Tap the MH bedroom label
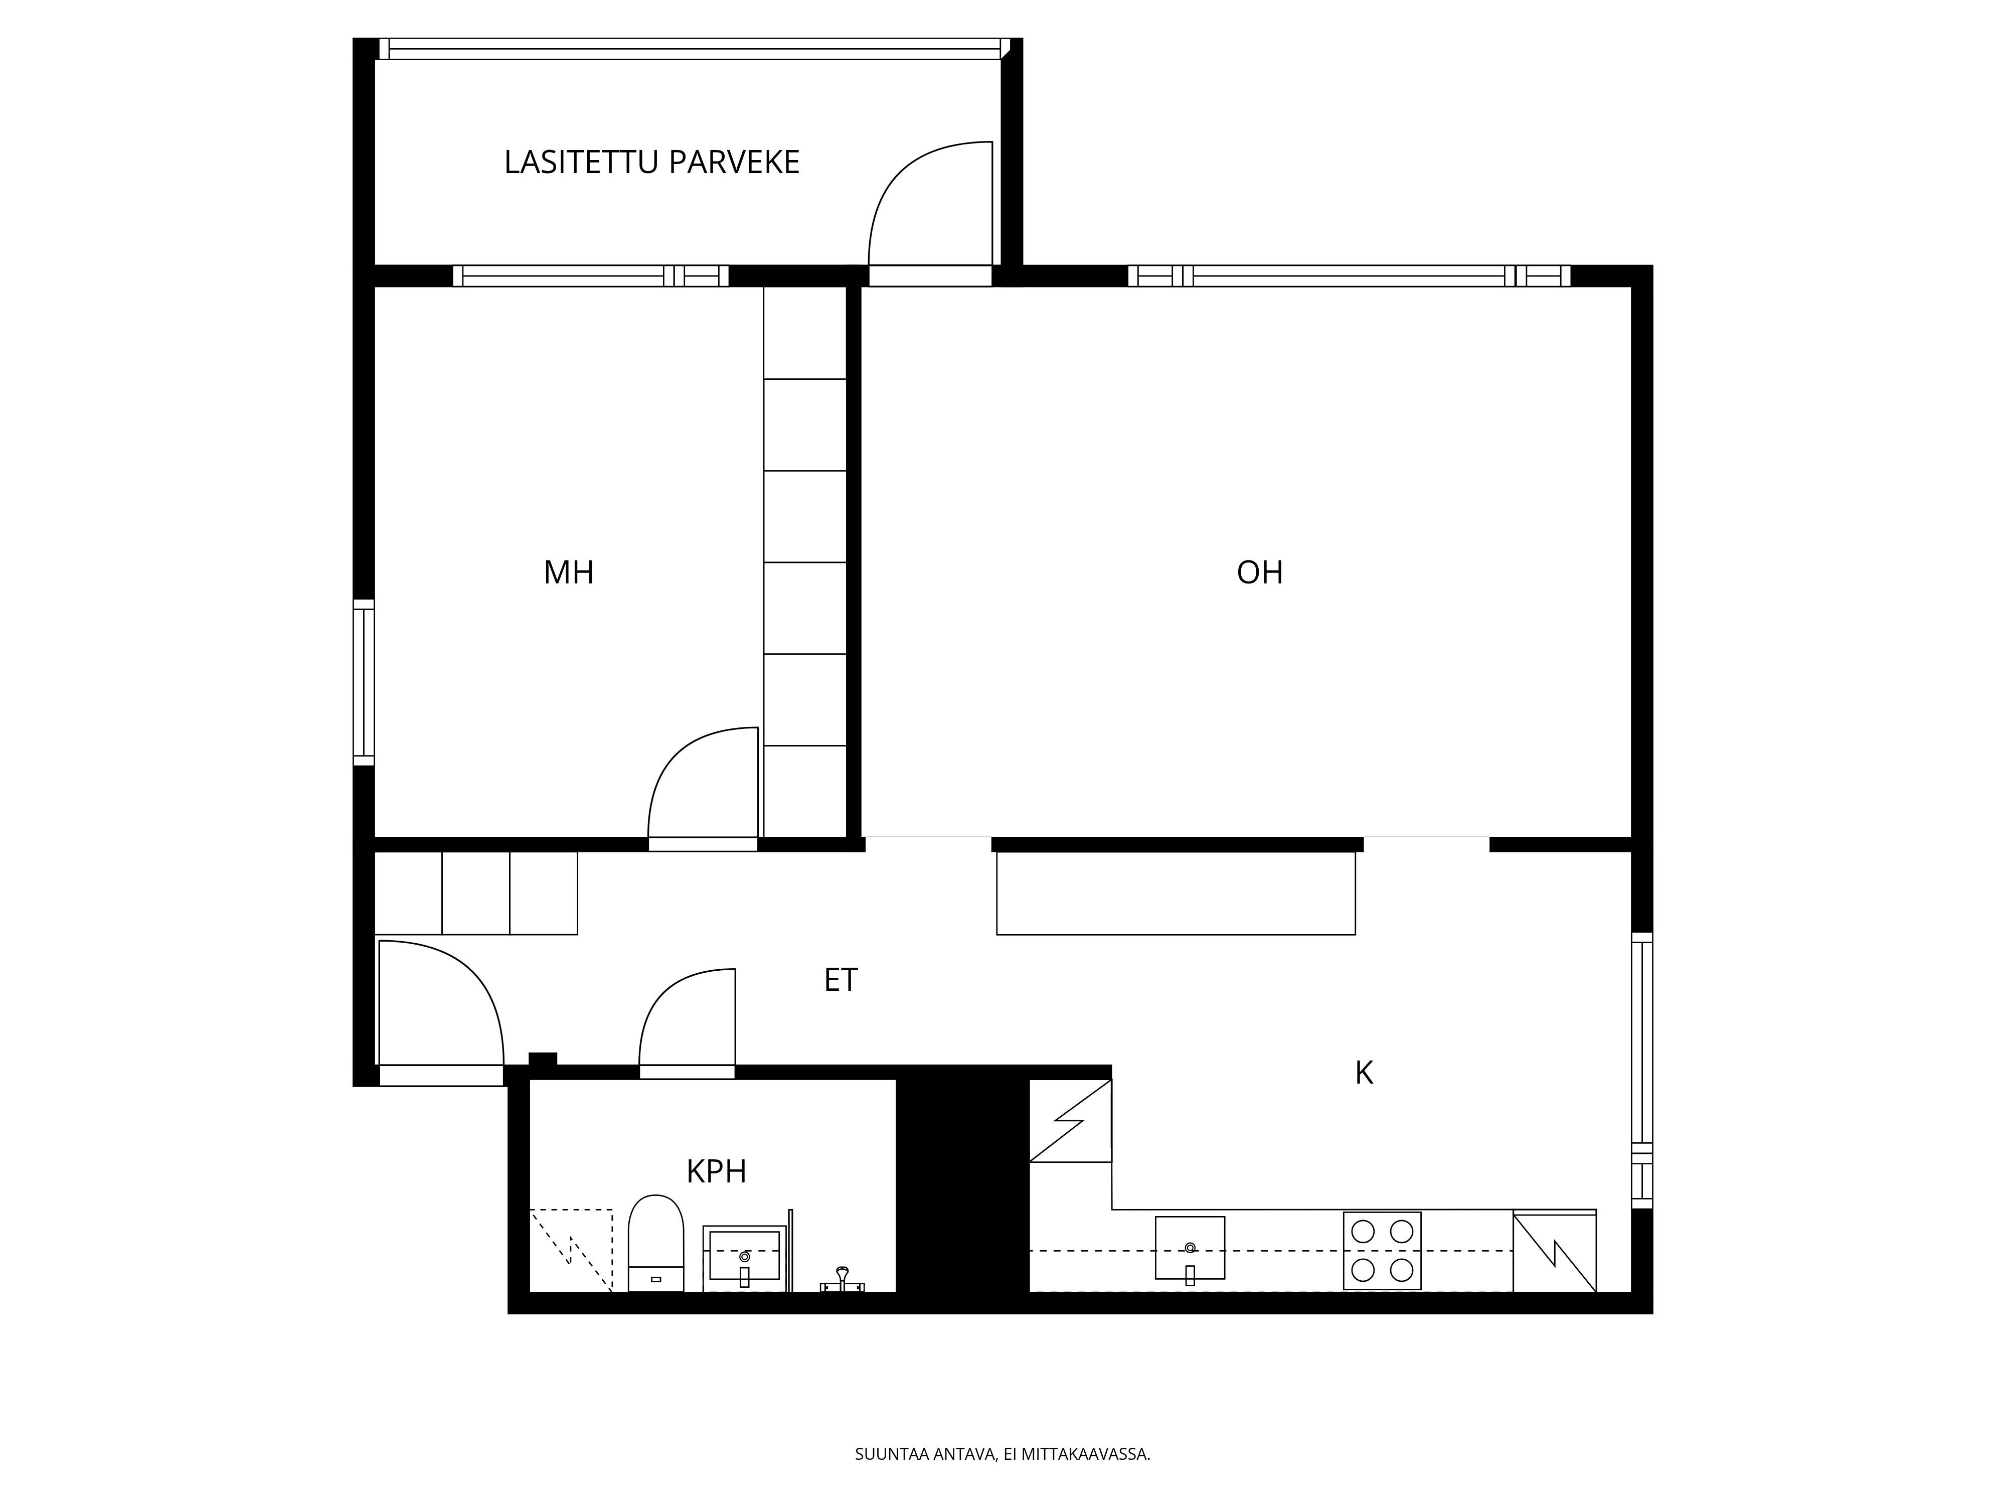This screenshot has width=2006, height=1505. (569, 572)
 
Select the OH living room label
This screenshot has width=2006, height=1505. (1260, 572)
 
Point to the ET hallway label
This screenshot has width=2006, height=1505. (841, 980)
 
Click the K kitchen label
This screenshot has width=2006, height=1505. (1364, 1073)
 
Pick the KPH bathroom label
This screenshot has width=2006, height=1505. (717, 1172)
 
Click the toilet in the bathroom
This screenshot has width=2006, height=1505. (655, 1243)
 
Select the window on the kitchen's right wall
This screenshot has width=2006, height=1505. (1642, 1071)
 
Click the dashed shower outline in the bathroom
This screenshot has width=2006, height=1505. (571, 1250)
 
